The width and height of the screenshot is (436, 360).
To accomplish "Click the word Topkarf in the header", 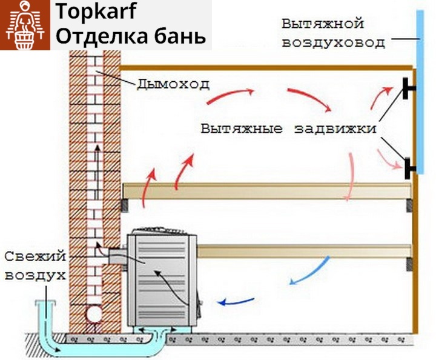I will pos(97,12).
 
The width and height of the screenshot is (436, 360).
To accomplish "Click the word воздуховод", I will pos(333,43).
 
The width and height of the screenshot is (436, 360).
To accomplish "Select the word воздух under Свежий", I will pos(35,275).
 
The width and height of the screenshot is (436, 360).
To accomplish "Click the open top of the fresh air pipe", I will pos(44,302).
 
